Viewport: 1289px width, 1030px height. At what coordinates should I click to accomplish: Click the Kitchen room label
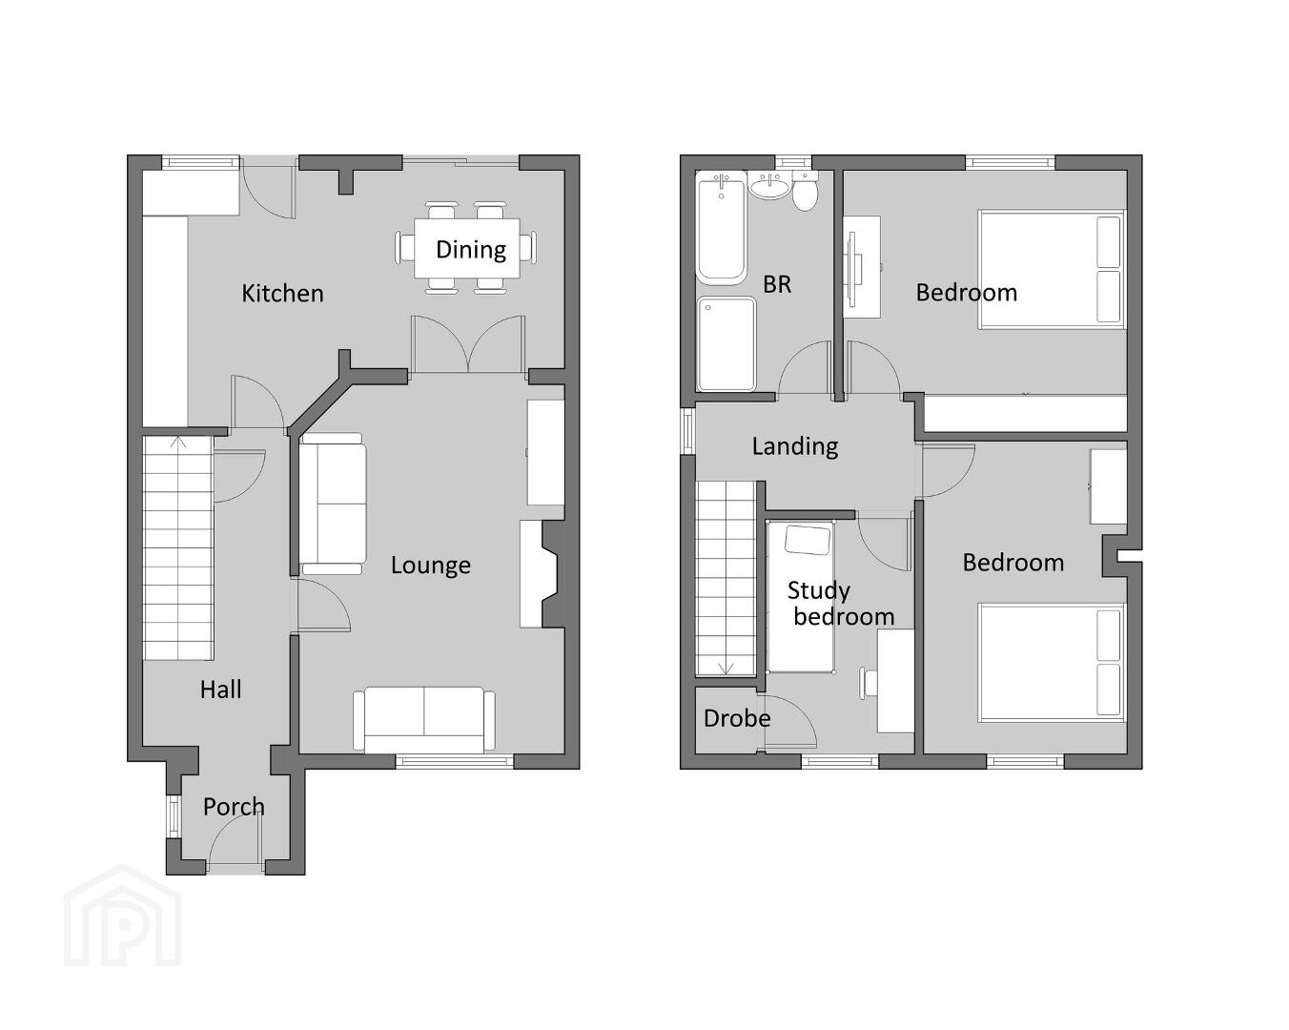[282, 293]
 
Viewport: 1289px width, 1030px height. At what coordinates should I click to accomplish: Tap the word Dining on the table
[471, 250]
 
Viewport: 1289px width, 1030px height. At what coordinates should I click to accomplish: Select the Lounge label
[431, 566]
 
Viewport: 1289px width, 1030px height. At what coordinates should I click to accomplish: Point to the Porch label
[234, 807]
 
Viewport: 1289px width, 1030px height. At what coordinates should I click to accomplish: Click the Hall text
[220, 690]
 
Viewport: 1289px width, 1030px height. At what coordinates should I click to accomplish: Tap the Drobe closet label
[737, 718]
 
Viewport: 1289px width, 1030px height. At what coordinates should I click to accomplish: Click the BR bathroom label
[777, 284]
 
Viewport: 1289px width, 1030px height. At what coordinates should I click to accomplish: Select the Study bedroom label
[841, 604]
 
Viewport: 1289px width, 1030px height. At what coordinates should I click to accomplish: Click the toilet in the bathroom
[805, 190]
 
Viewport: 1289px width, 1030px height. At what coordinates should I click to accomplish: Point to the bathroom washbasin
[770, 185]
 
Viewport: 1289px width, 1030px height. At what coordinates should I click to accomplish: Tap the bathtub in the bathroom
[722, 227]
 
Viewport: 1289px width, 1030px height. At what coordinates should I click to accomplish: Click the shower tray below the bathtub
[726, 344]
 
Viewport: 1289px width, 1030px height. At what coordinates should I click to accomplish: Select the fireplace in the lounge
[542, 574]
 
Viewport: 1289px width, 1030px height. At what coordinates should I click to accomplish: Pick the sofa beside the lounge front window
[424, 720]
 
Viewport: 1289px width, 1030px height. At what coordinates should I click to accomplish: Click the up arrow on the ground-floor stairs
[178, 443]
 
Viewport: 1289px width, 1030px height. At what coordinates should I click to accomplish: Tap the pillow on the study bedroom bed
[808, 540]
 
